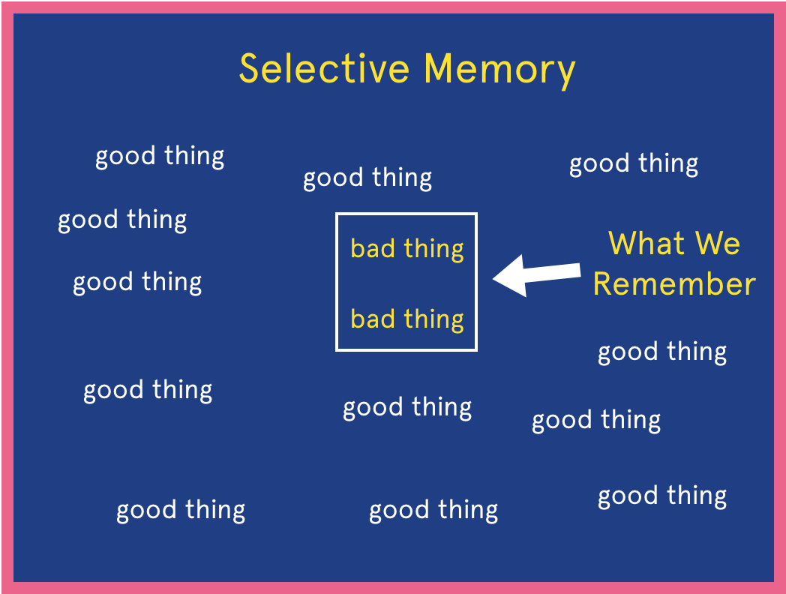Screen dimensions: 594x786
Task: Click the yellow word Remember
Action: (x=673, y=284)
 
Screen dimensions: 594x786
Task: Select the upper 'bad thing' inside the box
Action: (x=407, y=248)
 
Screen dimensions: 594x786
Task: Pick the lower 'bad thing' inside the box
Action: (x=407, y=319)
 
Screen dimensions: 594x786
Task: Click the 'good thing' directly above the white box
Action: (x=367, y=178)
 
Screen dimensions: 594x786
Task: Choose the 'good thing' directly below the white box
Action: (x=407, y=408)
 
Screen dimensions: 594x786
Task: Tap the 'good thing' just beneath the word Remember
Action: (x=662, y=352)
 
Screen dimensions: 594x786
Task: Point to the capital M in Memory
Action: (x=440, y=68)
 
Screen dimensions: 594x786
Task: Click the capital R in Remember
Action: (x=604, y=284)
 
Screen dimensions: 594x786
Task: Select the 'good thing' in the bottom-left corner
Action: (x=181, y=511)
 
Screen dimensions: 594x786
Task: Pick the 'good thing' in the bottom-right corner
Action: (x=662, y=496)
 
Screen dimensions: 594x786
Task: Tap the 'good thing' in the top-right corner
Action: (x=634, y=164)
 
